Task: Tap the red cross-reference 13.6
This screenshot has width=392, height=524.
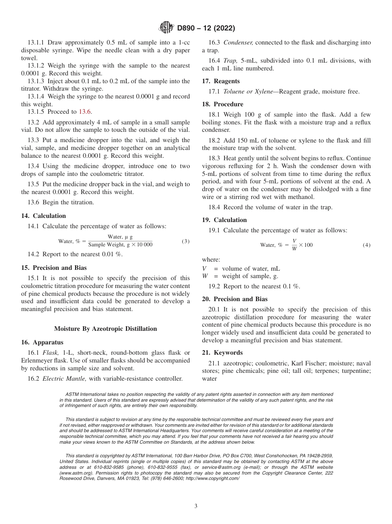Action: click(85, 112)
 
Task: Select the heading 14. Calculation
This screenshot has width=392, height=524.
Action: click(43, 216)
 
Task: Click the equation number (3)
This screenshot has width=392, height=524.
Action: click(186, 241)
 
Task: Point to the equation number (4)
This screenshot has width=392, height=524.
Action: click(366, 245)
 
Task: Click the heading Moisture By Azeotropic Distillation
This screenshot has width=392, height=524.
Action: click(105, 329)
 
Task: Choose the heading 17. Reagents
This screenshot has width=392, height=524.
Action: click(221, 81)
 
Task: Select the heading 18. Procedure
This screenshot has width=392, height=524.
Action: click(222, 104)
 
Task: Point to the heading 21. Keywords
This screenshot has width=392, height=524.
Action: click(222, 353)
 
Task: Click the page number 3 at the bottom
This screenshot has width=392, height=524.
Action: click(196, 506)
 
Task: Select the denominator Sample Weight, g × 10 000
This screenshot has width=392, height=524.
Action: click(120, 245)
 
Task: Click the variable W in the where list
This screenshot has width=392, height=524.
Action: click(205, 276)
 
